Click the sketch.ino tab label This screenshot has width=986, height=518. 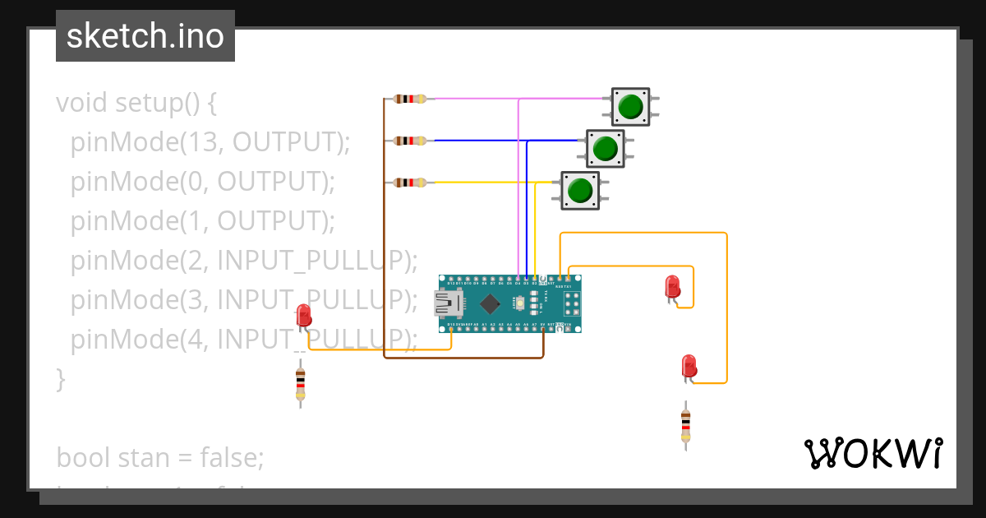(x=145, y=36)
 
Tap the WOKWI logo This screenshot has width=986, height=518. (x=873, y=453)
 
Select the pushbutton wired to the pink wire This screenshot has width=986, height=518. (x=630, y=107)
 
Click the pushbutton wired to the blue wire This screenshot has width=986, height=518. (x=606, y=149)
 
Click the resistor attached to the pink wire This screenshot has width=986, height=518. (x=410, y=99)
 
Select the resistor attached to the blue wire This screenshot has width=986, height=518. (x=410, y=141)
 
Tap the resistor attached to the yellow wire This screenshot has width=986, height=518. (x=410, y=182)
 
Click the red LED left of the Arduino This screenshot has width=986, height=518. (x=303, y=317)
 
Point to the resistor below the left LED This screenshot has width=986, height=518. (x=300, y=384)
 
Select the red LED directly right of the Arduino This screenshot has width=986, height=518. (x=672, y=287)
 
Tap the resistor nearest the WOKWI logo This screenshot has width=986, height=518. (x=685, y=425)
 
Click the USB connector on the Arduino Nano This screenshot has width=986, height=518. (x=448, y=304)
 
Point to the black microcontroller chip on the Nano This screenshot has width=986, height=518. (x=491, y=303)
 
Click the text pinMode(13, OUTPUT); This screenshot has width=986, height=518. (x=210, y=142)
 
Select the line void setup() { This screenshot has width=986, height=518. (x=136, y=103)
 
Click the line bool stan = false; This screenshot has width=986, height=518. (x=160, y=456)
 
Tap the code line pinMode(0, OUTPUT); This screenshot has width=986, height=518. (x=203, y=182)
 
